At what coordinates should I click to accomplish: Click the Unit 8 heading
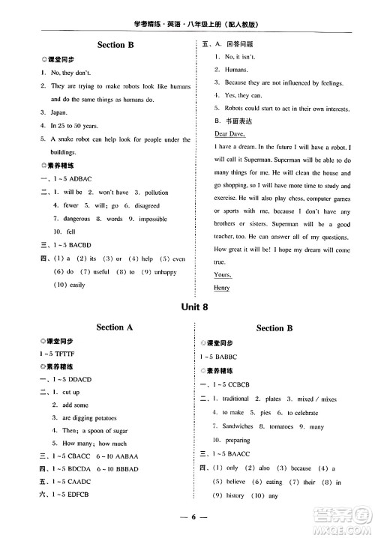tap(187, 307)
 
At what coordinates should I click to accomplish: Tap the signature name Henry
tap(222, 287)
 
